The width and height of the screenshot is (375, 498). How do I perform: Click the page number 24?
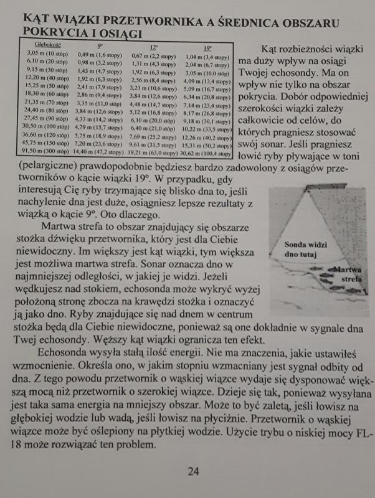pos(193,471)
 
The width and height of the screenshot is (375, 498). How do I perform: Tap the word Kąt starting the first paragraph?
pos(273,48)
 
